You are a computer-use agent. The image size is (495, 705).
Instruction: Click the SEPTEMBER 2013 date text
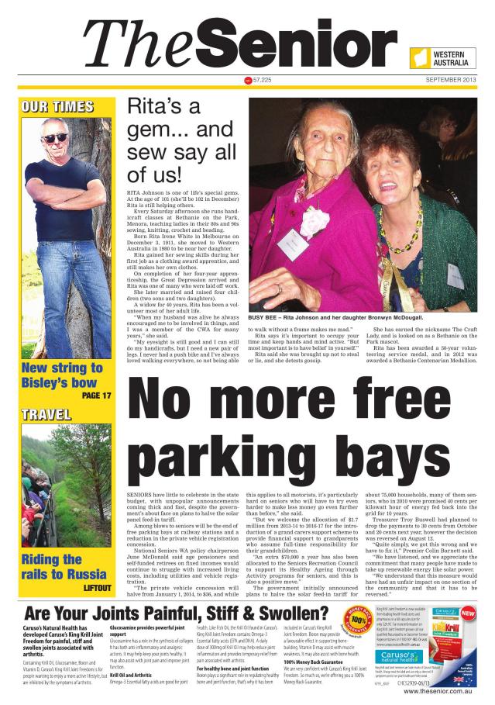(450, 81)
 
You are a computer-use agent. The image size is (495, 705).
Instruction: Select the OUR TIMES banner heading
(57, 106)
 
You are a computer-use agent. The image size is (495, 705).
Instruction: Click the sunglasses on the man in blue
(54, 137)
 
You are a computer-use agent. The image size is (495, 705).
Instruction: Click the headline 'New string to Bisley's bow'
(60, 375)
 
